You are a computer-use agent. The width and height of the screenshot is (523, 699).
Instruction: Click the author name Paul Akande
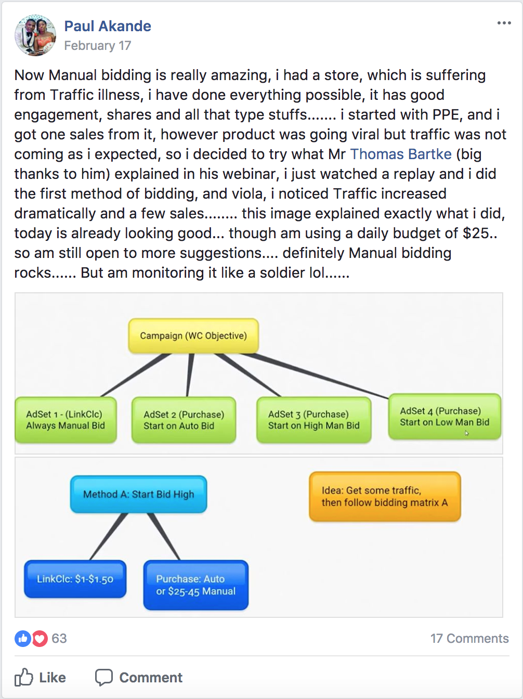pyautogui.click(x=108, y=26)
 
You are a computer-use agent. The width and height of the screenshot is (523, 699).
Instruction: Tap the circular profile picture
pyautogui.click(x=35, y=35)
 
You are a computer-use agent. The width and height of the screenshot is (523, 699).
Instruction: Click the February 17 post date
pyautogui.click(x=97, y=46)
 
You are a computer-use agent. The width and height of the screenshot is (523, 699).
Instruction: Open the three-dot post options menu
pyautogui.click(x=504, y=23)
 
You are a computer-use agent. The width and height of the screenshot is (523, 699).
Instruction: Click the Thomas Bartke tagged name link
pyautogui.click(x=401, y=154)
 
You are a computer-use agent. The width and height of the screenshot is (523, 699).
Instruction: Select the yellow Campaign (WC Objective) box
pyautogui.click(x=193, y=335)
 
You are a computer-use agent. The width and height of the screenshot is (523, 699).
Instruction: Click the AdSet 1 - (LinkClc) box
pyautogui.click(x=66, y=420)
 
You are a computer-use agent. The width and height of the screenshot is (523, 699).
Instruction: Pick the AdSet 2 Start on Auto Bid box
pyautogui.click(x=184, y=420)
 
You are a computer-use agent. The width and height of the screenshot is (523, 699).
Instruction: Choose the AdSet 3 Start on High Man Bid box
pyautogui.click(x=314, y=420)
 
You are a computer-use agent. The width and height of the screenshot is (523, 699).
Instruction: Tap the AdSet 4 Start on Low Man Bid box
pyautogui.click(x=444, y=417)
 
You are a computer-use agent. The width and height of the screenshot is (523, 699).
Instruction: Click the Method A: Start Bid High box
pyautogui.click(x=138, y=494)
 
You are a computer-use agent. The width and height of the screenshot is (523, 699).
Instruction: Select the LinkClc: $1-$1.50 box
pyautogui.click(x=75, y=579)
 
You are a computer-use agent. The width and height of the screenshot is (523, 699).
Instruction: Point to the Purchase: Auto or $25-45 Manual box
pyautogui.click(x=196, y=585)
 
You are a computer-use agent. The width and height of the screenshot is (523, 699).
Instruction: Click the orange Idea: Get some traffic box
pyautogui.click(x=385, y=497)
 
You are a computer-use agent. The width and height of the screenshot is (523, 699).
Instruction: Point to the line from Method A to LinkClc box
pyautogui.click(x=108, y=537)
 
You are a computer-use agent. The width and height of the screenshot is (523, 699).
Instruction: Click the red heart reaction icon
pyautogui.click(x=40, y=639)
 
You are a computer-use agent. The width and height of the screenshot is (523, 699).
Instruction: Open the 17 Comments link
pyautogui.click(x=469, y=639)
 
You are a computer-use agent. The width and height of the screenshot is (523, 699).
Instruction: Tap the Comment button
pyautogui.click(x=139, y=677)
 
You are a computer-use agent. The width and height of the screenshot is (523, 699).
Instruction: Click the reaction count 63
pyautogui.click(x=59, y=639)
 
